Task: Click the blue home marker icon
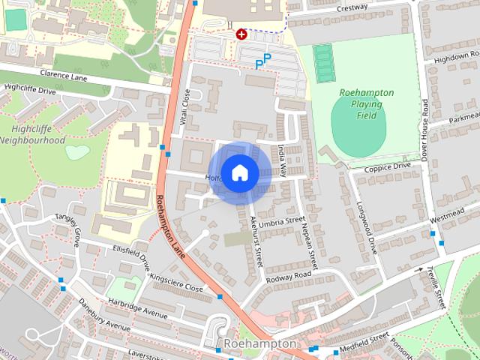pyautogui.click(x=239, y=172)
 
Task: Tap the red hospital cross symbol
pyautogui.click(x=241, y=34)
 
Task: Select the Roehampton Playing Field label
pyautogui.click(x=367, y=104)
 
